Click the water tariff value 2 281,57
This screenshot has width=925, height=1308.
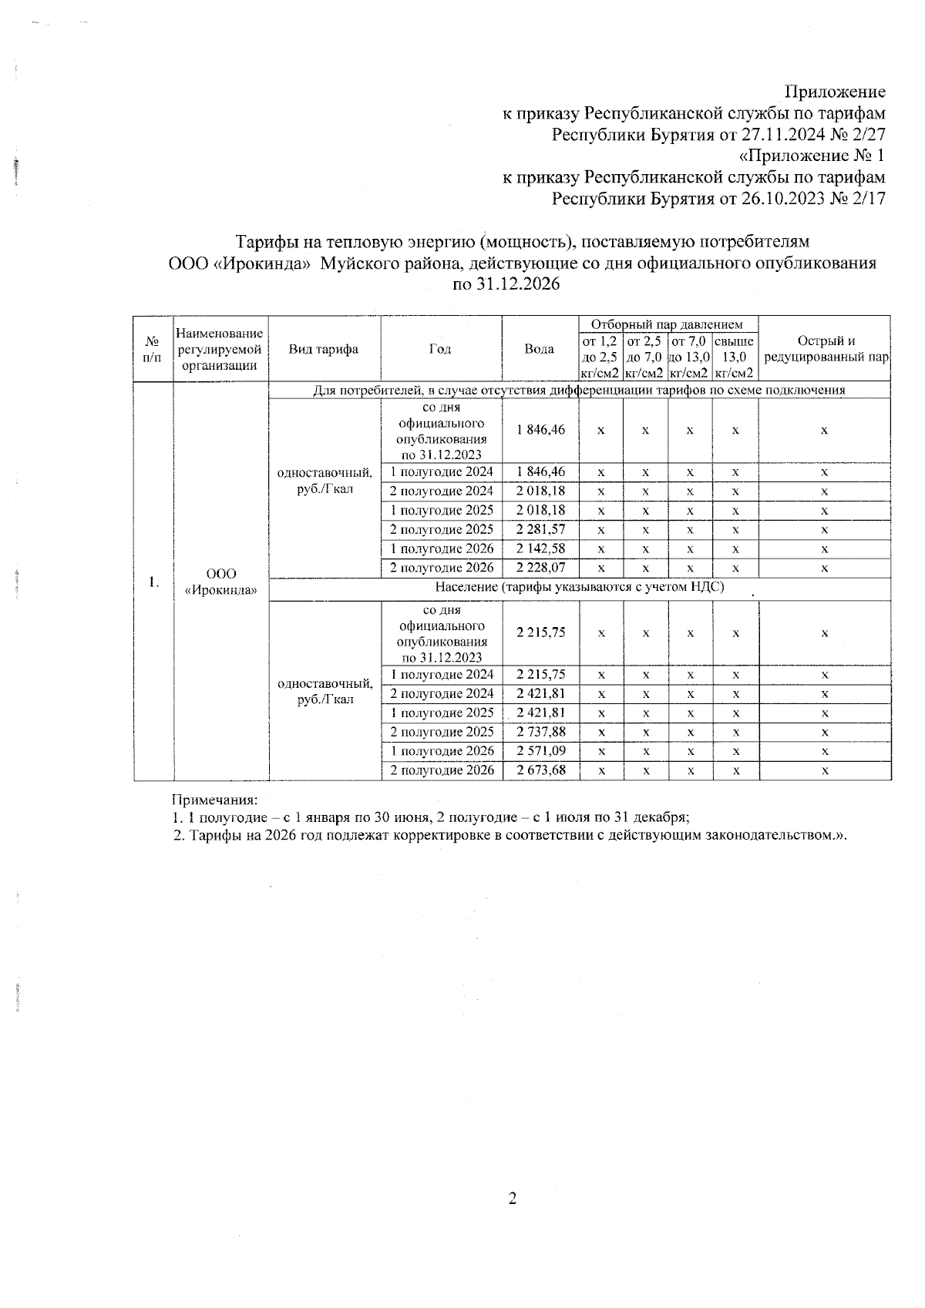[540, 530]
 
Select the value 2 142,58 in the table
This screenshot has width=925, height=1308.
[540, 549]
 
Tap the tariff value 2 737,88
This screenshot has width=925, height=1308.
[540, 733]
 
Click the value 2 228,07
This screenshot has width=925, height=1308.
[540, 568]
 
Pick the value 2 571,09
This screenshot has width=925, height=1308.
[540, 752]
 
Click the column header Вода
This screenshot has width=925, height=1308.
[540, 349]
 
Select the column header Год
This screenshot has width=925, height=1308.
[440, 349]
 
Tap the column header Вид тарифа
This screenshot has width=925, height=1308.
[324, 349]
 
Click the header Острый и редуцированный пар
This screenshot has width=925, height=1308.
[825, 349]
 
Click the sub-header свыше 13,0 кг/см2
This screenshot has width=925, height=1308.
[735, 357]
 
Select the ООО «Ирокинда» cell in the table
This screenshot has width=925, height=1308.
[221, 582]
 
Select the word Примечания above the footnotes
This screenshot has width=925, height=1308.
[214, 800]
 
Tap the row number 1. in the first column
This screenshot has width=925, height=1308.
[154, 582]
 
